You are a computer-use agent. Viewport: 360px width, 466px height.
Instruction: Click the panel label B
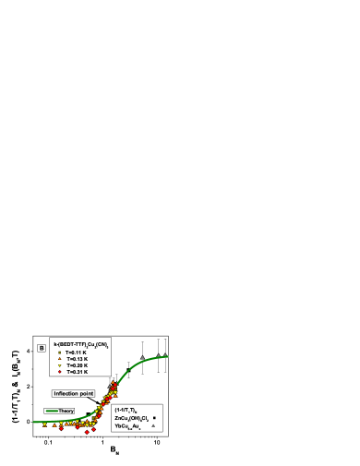[41, 348]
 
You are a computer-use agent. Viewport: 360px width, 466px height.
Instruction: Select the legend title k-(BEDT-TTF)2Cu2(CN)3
[80, 344]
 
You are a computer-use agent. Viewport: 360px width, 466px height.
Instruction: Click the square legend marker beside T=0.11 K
[59, 352]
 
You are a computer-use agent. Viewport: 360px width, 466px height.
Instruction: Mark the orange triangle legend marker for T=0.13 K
[59, 359]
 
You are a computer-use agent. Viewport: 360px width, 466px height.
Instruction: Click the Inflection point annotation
[74, 393]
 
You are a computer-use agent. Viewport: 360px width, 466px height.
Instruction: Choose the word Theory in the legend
[66, 411]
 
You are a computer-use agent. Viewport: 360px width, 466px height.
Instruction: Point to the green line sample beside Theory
[52, 411]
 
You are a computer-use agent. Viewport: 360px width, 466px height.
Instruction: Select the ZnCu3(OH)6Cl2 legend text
[130, 418]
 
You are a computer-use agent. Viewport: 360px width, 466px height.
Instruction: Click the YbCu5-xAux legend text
[128, 426]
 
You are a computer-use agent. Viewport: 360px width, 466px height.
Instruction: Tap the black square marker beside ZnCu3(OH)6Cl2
[154, 418]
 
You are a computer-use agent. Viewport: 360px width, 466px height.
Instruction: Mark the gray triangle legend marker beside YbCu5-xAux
[154, 426]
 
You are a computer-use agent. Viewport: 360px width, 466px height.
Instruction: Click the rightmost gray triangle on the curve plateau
[165, 354]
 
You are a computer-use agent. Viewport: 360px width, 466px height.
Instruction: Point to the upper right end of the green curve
[168, 356]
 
